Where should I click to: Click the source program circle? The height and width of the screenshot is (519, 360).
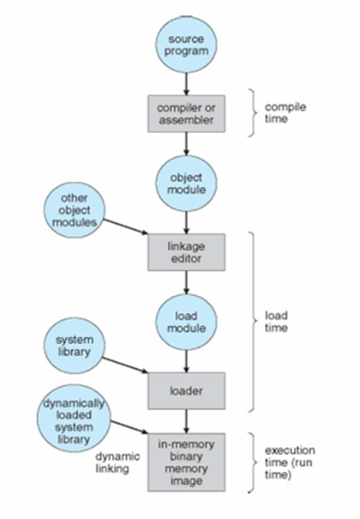pyautogui.click(x=186, y=45)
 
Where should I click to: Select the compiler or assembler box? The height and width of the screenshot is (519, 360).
pyautogui.click(x=187, y=114)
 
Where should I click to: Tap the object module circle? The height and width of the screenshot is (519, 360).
pyautogui.click(x=186, y=184)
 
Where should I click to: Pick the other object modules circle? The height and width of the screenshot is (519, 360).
pyautogui.click(x=75, y=210)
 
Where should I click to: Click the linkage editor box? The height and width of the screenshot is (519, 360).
pyautogui.click(x=187, y=252)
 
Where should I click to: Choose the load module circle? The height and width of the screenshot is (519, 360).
pyautogui.click(x=186, y=322)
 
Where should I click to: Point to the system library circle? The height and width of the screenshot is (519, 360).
pyautogui.click(x=75, y=346)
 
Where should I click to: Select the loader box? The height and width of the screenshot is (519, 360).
pyautogui.click(x=187, y=390)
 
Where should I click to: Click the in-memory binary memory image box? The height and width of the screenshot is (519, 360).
pyautogui.click(x=187, y=462)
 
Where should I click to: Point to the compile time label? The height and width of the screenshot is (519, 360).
pyautogui.click(x=285, y=113)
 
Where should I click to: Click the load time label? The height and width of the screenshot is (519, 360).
pyautogui.click(x=276, y=322)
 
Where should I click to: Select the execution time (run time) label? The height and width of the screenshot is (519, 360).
pyautogui.click(x=290, y=462)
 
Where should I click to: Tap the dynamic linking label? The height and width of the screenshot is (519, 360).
pyautogui.click(x=117, y=462)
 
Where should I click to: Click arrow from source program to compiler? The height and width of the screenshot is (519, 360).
pyautogui.click(x=187, y=84)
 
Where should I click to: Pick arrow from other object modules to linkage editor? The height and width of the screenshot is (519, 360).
pyautogui.click(x=126, y=226)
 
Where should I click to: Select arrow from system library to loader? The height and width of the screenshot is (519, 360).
pyautogui.click(x=125, y=365)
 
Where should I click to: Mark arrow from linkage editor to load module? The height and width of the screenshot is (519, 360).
pyautogui.click(x=187, y=282)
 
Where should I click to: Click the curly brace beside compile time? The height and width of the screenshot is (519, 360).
pyautogui.click(x=253, y=112)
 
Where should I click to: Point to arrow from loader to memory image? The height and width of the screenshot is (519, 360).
pyautogui.click(x=187, y=421)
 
